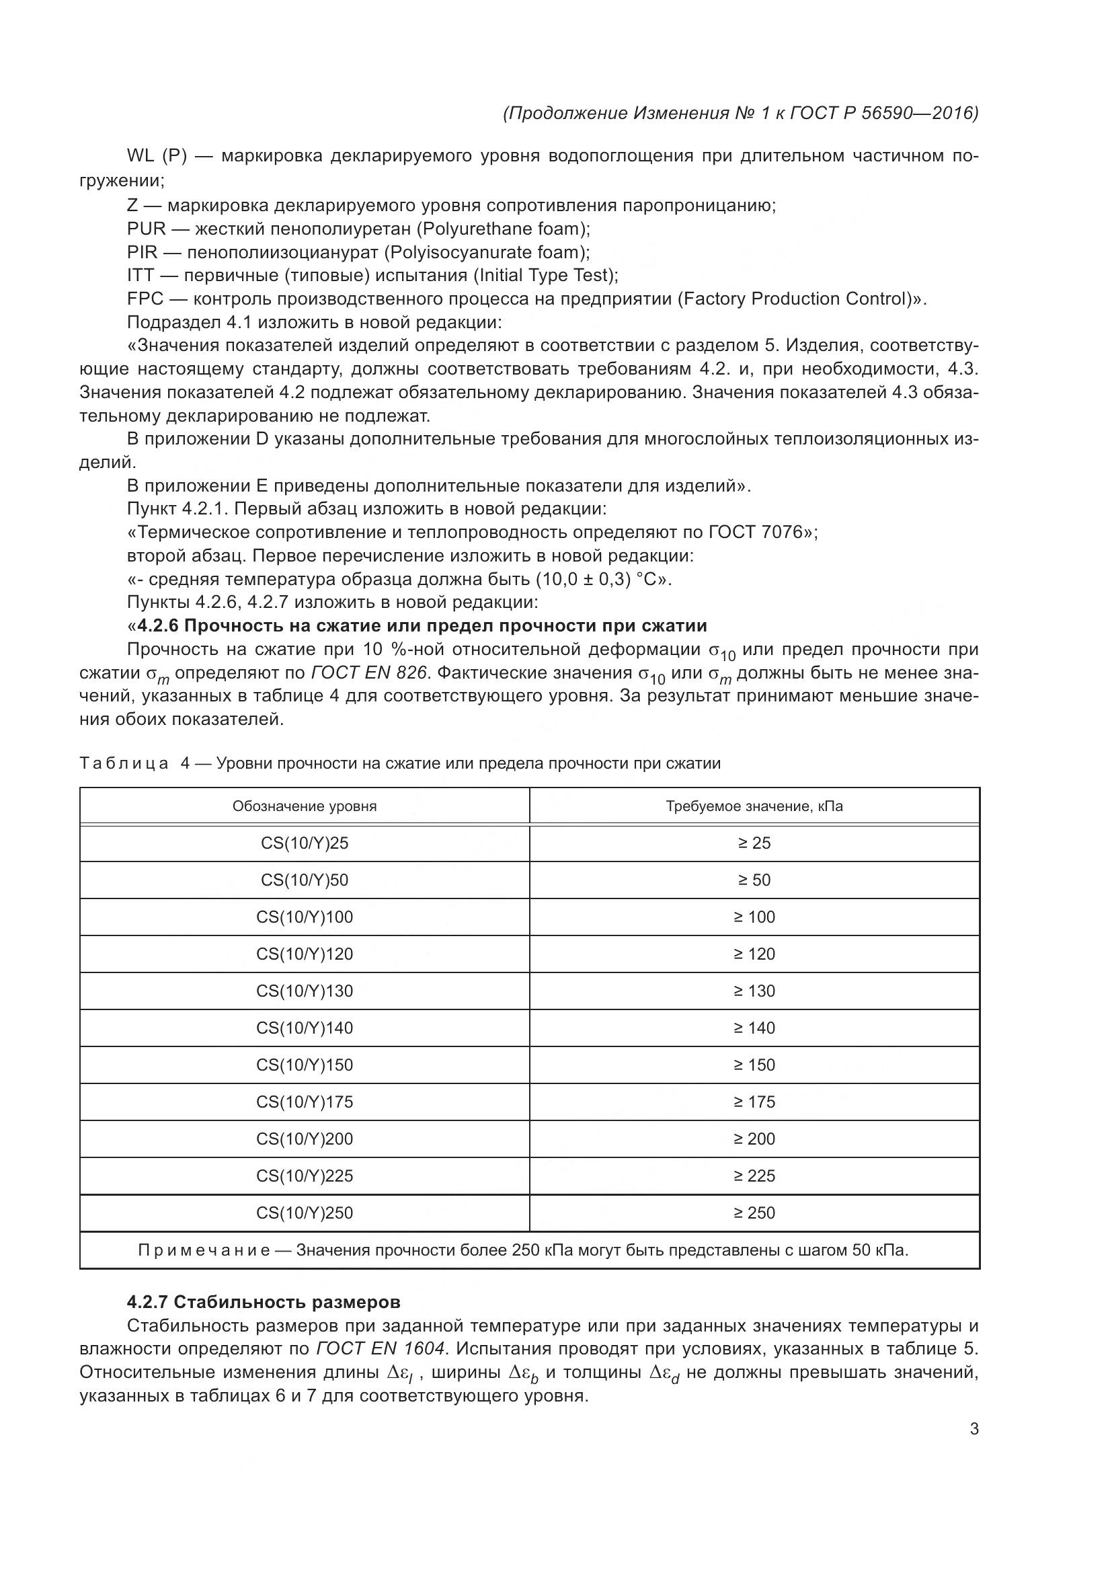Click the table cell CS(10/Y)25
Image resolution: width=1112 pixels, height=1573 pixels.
pyautogui.click(x=304, y=843)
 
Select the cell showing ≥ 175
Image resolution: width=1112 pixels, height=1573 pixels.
pyautogui.click(x=754, y=1102)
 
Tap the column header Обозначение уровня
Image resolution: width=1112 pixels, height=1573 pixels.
pyautogui.click(x=304, y=806)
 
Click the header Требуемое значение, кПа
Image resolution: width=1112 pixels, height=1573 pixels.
pyautogui.click(x=754, y=806)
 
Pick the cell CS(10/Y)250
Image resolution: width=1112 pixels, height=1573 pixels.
pyautogui.click(x=304, y=1213)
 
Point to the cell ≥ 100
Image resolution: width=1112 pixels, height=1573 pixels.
pyautogui.click(x=754, y=917)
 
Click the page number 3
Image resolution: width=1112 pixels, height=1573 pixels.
pyautogui.click(x=974, y=1429)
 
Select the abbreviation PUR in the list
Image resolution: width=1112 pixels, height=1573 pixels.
pyautogui.click(x=146, y=229)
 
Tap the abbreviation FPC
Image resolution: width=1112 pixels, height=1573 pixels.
pyautogui.click(x=145, y=299)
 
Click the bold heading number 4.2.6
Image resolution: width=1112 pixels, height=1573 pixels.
pyautogui.click(x=157, y=625)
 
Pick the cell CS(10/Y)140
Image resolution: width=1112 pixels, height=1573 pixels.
pyautogui.click(x=304, y=1028)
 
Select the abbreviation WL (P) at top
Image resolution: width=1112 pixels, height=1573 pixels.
pyautogui.click(x=157, y=156)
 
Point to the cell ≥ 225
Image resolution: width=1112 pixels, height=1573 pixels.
pyautogui.click(x=754, y=1176)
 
